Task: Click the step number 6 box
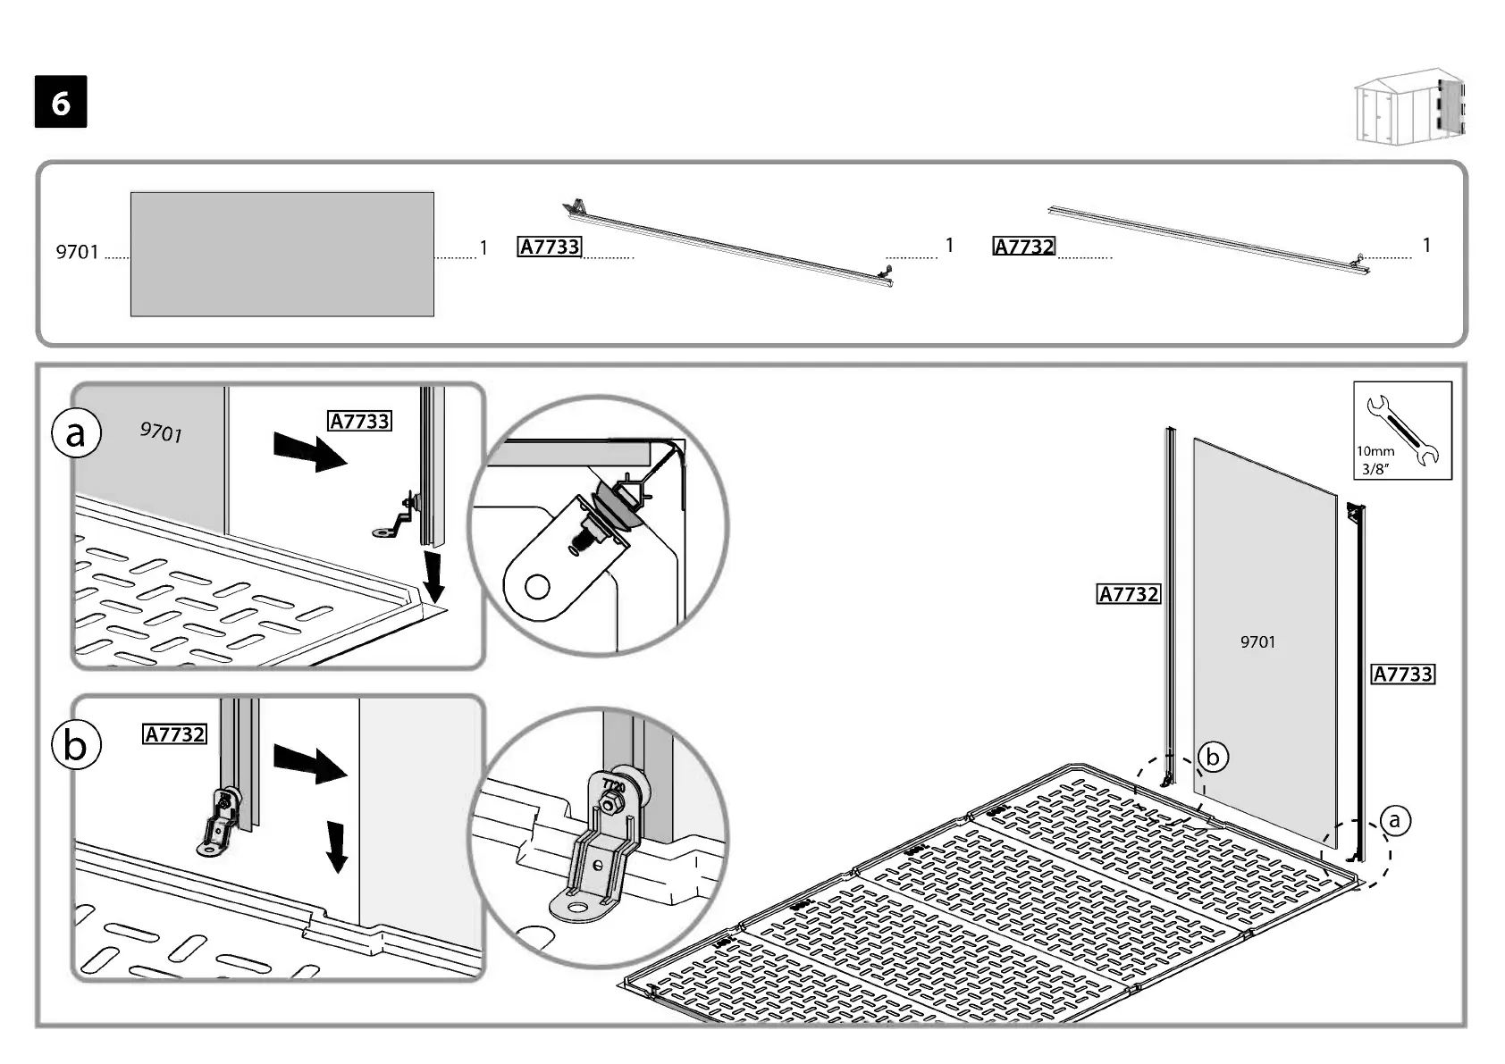click(x=61, y=103)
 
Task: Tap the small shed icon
click(x=1410, y=106)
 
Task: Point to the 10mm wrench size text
click(x=1375, y=451)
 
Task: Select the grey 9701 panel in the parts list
click(x=282, y=254)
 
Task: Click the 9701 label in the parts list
click(x=77, y=252)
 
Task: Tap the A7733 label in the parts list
click(x=550, y=247)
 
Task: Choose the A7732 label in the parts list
click(x=1024, y=247)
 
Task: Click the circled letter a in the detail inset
click(x=77, y=433)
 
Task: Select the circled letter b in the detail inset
click(x=76, y=744)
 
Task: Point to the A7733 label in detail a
click(x=360, y=421)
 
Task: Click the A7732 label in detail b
click(x=175, y=734)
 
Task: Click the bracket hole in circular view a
click(x=537, y=587)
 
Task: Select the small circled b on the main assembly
click(x=1213, y=758)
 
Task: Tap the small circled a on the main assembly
click(x=1394, y=820)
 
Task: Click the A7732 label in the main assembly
click(x=1128, y=594)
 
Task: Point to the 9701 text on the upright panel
click(x=1257, y=641)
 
